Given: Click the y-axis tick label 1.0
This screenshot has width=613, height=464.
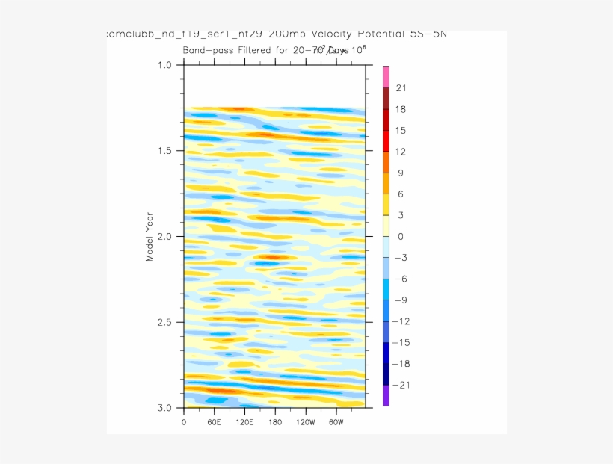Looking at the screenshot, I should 164,65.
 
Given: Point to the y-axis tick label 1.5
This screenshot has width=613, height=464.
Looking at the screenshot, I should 164,151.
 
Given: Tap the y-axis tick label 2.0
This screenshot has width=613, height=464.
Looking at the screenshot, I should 164,237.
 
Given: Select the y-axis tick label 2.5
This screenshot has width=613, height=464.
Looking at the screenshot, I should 164,323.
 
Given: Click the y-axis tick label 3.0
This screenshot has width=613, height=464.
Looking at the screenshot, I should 164,408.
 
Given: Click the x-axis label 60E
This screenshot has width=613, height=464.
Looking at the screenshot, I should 214,422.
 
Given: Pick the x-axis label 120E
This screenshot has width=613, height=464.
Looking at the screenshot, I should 244,422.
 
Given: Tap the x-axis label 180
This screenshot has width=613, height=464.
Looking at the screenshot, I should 275,422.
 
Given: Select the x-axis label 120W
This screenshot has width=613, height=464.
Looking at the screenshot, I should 305,422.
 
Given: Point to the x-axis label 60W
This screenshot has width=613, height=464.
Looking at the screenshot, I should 336,422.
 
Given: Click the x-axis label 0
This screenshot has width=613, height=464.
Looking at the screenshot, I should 184,422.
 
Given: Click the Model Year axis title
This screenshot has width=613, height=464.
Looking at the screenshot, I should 150,236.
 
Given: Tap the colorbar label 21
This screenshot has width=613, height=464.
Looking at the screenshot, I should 401,88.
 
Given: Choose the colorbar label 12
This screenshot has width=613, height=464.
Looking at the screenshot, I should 401,152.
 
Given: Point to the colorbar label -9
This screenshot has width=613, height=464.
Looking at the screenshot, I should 401,300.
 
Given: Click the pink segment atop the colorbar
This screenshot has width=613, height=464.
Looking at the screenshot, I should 386,77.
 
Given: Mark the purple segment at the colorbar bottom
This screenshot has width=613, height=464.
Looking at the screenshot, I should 386,396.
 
